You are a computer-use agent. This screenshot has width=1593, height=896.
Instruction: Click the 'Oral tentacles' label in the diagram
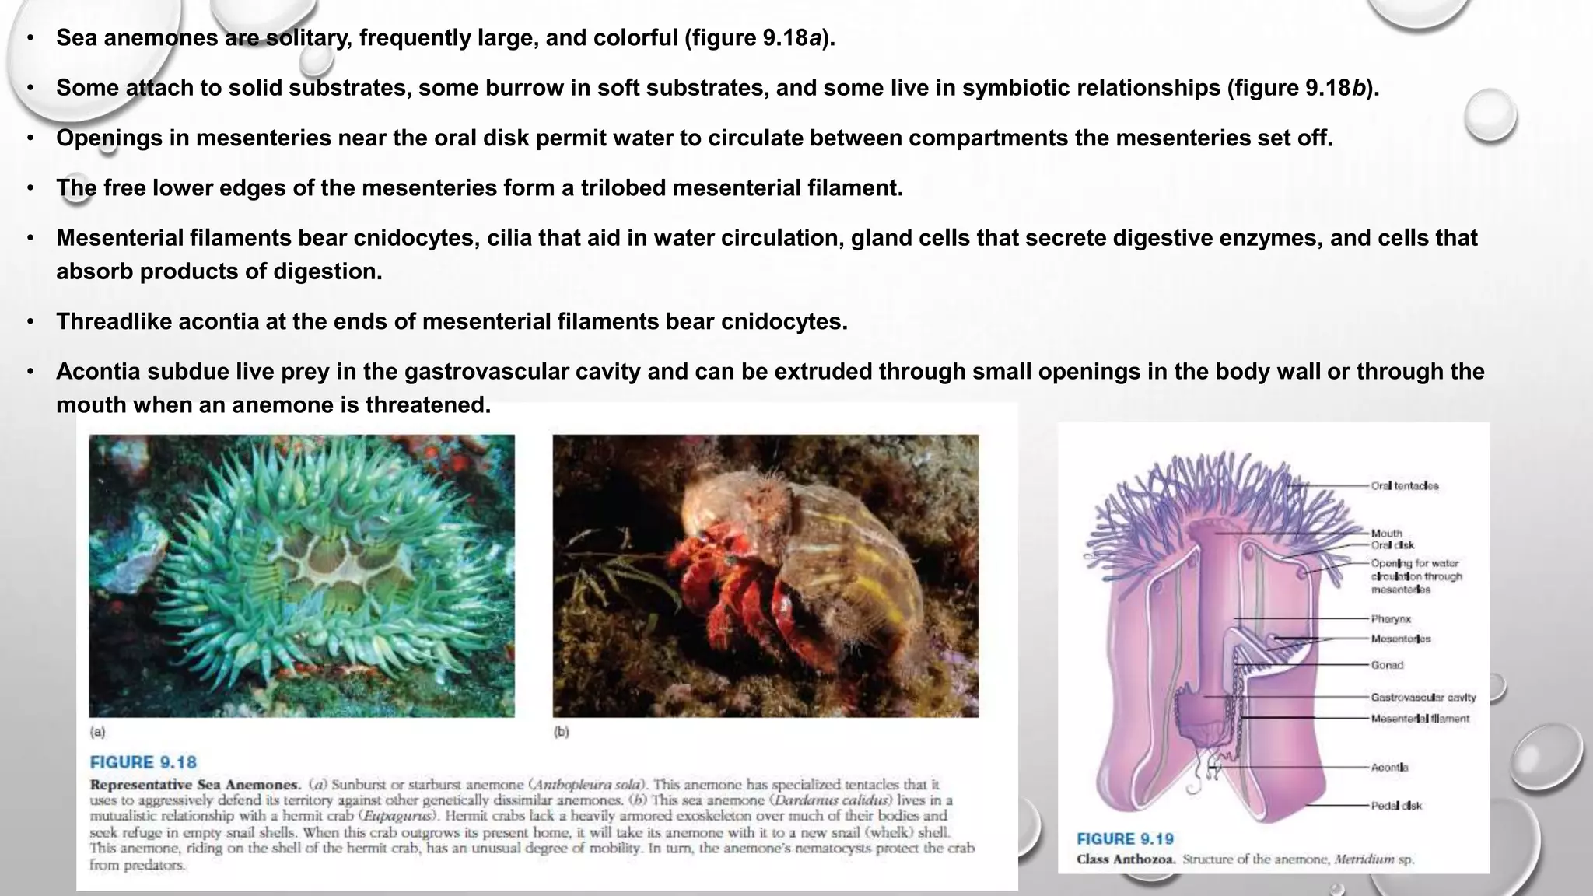(x=1404, y=485)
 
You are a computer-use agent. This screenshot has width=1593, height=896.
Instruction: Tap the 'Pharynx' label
(x=1391, y=619)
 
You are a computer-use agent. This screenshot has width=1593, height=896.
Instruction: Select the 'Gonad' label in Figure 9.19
(x=1387, y=665)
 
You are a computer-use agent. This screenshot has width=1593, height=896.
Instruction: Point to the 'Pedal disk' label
(x=1396, y=806)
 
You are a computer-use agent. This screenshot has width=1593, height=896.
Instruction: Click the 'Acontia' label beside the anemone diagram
(x=1389, y=767)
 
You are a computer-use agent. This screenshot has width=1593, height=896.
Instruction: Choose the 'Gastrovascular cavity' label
(x=1423, y=698)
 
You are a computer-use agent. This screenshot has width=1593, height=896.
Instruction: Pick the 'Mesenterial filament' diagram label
(x=1420, y=719)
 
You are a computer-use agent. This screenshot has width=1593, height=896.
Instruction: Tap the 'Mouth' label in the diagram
(x=1386, y=534)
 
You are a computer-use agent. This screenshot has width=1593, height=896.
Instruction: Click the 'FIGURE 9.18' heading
(x=143, y=762)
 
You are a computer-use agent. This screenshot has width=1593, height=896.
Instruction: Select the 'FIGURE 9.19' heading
(x=1125, y=838)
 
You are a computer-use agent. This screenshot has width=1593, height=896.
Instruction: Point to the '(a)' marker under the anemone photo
(x=97, y=732)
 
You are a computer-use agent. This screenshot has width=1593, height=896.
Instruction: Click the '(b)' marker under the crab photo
(x=561, y=732)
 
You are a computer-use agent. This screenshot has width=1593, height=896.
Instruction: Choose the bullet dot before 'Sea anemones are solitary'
(x=30, y=38)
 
